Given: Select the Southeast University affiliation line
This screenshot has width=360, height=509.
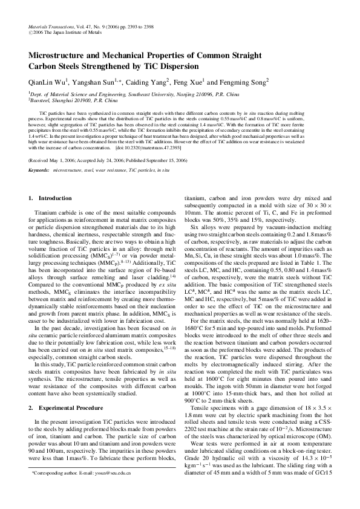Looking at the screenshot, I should (x=133, y=95).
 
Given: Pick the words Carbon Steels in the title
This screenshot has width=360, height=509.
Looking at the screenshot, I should (x=58, y=66).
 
